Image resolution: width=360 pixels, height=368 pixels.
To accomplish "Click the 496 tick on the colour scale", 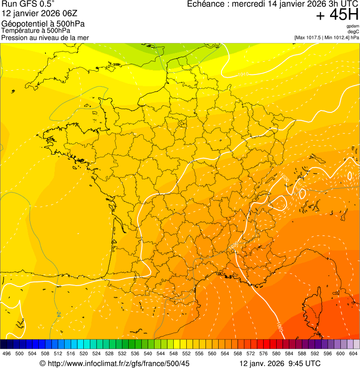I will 7,353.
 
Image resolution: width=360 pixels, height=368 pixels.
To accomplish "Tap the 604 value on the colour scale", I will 353,353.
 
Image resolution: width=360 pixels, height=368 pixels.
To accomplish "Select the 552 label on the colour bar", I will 186,353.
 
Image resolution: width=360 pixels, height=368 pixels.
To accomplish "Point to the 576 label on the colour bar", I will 264,353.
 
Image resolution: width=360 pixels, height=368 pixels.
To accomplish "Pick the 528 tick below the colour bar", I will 110,353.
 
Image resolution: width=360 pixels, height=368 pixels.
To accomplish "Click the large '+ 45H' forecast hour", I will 337,15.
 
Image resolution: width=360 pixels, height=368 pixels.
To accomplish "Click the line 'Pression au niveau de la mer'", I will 45,37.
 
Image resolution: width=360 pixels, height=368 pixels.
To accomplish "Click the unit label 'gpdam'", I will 353,27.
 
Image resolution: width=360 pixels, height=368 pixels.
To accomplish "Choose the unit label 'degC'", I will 354,32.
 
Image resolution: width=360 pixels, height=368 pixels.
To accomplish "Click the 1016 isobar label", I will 243,74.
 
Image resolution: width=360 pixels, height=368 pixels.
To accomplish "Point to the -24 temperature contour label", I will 58,314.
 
